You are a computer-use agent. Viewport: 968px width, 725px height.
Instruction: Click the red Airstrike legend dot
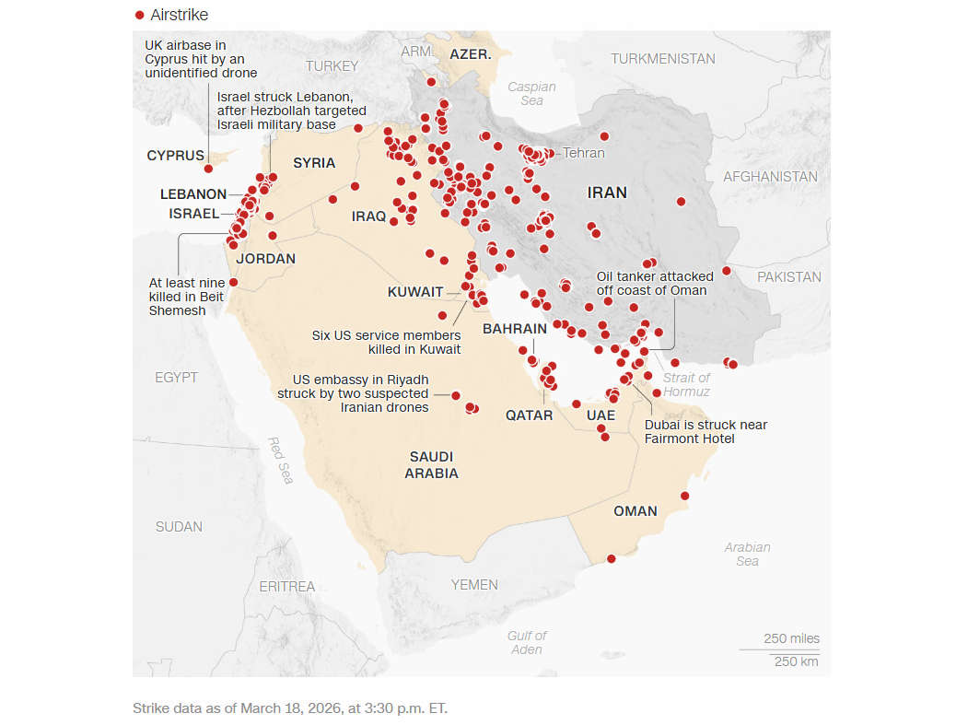click(x=140, y=15)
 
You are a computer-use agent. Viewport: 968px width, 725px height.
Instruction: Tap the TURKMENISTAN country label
click(x=662, y=58)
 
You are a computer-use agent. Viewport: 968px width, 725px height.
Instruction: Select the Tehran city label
click(x=583, y=153)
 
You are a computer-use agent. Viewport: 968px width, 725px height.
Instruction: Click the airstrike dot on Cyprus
click(x=209, y=169)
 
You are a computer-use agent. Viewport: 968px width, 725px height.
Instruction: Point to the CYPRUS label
click(x=175, y=156)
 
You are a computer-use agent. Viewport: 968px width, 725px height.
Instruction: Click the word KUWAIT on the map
click(x=414, y=292)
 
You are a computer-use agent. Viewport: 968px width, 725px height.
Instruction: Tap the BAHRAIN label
click(x=514, y=328)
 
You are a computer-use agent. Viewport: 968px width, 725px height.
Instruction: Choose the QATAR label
click(x=529, y=415)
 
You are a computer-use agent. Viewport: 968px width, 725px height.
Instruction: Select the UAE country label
click(x=601, y=415)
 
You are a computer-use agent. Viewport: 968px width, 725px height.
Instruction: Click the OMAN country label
click(x=636, y=511)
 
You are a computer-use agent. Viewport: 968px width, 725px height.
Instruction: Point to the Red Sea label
click(x=280, y=460)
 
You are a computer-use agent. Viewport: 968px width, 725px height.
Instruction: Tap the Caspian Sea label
click(x=531, y=93)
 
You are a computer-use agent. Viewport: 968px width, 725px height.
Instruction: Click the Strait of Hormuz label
click(x=686, y=384)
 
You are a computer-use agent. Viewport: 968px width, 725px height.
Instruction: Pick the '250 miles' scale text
click(x=791, y=638)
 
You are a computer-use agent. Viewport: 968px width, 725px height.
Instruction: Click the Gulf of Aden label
click(x=527, y=642)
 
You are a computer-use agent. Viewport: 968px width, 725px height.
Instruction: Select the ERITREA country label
click(x=286, y=586)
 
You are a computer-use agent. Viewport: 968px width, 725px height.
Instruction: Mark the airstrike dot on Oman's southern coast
click(x=612, y=558)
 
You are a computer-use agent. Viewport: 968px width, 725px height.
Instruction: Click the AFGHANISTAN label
click(x=770, y=176)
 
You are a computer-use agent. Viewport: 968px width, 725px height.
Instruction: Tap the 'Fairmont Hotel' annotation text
click(x=689, y=439)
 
